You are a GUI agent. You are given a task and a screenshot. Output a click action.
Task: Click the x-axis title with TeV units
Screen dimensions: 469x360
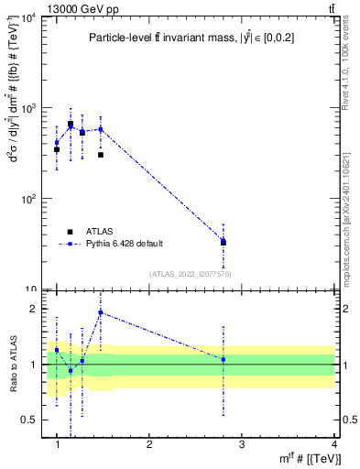click(x=311, y=459)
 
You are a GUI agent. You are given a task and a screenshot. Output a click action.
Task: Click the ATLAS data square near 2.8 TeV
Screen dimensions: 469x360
click(x=224, y=243)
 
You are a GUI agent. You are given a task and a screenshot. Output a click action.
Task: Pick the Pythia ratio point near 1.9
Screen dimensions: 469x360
click(x=100, y=312)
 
